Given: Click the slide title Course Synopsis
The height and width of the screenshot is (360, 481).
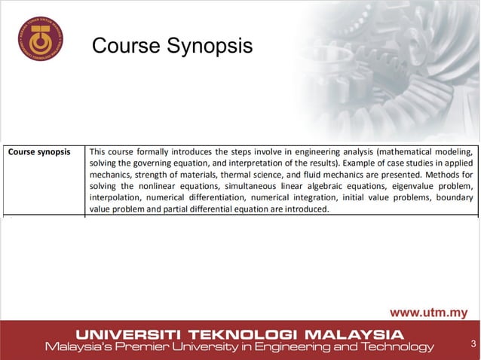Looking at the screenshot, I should [172, 47].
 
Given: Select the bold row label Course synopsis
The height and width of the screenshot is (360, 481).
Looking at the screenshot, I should [39, 151].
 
